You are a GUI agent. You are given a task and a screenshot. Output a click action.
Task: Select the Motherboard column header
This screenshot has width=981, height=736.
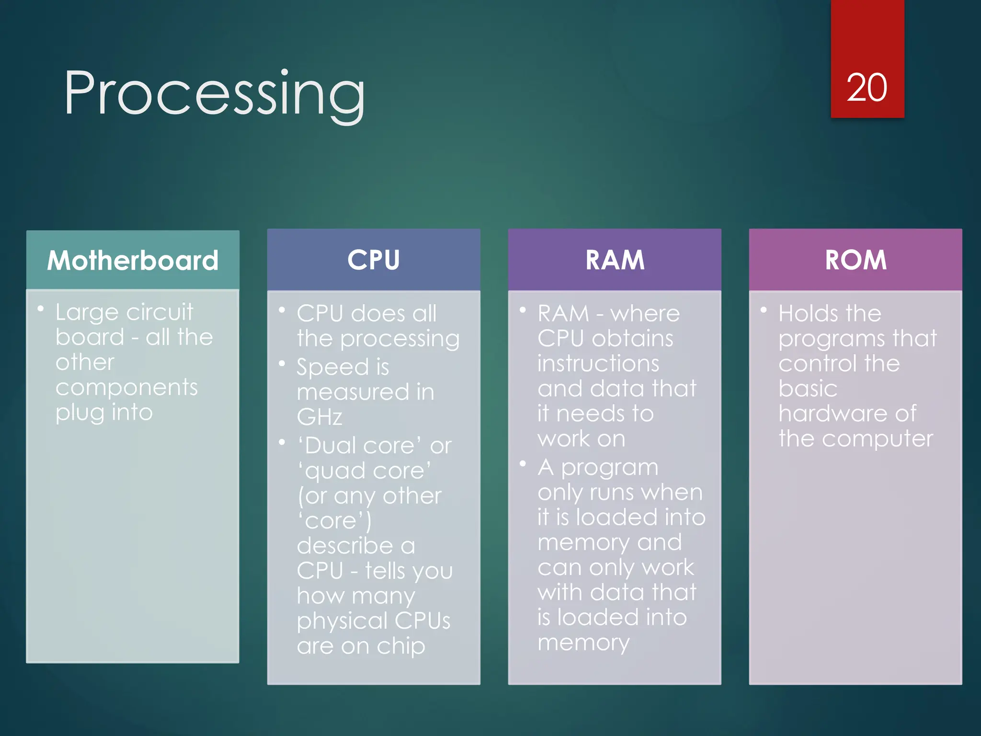coord(133,260)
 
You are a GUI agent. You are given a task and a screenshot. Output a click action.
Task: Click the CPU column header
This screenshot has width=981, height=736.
coord(373,260)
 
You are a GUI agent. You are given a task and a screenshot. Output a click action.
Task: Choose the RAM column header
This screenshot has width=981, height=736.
coord(615,260)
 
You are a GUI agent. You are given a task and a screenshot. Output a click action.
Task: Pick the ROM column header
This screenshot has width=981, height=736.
coord(856,260)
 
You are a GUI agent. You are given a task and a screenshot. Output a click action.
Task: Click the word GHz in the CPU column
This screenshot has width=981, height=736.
coord(319,417)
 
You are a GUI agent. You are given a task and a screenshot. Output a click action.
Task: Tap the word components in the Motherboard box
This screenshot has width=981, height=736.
coord(126,387)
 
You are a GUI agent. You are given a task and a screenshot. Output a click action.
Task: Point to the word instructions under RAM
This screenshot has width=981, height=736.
coord(598,363)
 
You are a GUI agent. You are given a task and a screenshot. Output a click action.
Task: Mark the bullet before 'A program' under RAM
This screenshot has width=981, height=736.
coord(523,464)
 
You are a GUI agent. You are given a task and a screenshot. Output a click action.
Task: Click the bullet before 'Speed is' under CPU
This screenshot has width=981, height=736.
coord(282,364)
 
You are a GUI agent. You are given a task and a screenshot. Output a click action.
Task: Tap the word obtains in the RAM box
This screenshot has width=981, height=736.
coord(632,338)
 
